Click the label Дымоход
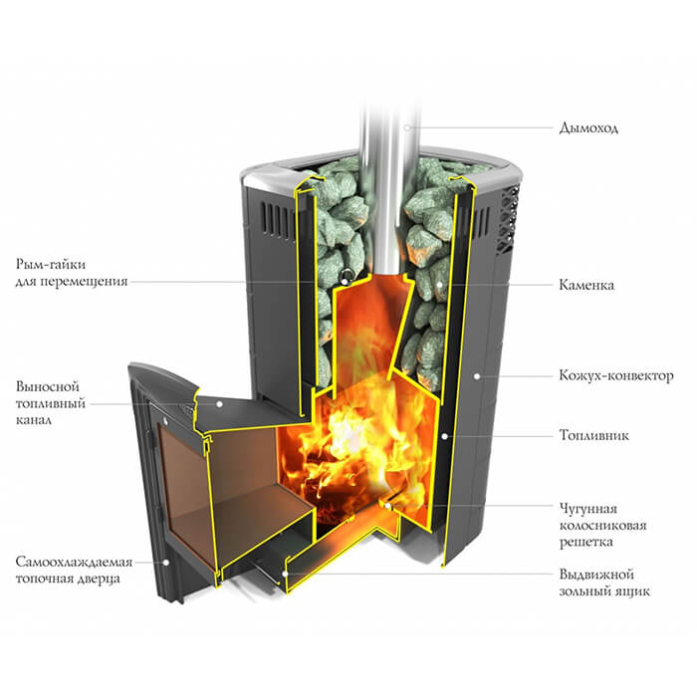(588, 128)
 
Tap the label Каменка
(586, 285)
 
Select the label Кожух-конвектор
(616, 375)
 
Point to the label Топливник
(593, 435)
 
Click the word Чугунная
(588, 509)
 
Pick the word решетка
(585, 542)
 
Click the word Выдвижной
(596, 575)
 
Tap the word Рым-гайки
(51, 264)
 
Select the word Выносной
(48, 386)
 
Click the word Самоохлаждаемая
(75, 562)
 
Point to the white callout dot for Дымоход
(407, 127)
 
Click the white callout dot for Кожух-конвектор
(477, 376)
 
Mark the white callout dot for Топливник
(444, 436)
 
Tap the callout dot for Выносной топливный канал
(219, 404)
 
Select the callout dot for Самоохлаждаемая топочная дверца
(166, 563)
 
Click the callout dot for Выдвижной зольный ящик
(286, 574)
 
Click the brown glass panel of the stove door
(182, 489)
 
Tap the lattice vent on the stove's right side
(508, 219)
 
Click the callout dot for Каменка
(439, 284)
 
